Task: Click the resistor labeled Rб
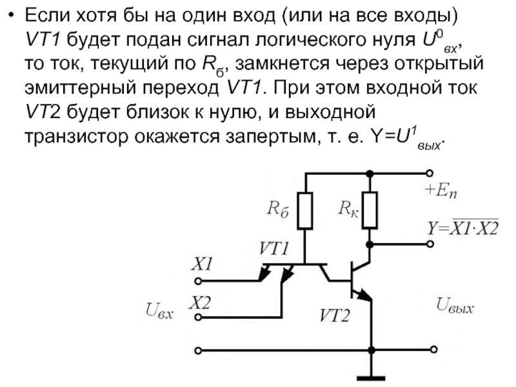coord(306,211)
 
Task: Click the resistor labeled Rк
coord(370,211)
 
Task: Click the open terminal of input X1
coord(198,281)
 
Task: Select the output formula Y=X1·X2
coord(461,228)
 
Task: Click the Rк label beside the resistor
coord(348,208)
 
